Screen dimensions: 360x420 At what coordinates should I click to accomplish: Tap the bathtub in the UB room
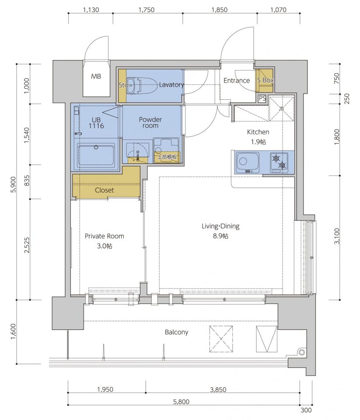(96, 155)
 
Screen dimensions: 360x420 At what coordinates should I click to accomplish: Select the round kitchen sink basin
(243, 161)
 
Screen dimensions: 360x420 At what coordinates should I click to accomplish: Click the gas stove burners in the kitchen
(279, 162)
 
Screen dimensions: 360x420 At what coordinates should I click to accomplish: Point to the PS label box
(262, 98)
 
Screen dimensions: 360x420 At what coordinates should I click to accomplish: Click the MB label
(96, 77)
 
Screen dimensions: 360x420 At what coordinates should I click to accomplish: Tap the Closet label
(104, 190)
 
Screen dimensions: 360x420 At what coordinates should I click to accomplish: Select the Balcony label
(177, 332)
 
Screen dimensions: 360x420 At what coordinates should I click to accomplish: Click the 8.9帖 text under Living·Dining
(221, 236)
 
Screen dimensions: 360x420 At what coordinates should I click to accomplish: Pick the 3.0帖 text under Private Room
(105, 246)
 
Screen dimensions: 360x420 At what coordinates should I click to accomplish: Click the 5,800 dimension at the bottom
(182, 402)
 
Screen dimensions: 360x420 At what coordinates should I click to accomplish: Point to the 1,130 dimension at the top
(91, 10)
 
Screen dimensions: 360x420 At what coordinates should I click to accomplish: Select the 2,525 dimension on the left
(27, 245)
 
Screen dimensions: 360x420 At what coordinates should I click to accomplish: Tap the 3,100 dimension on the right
(337, 236)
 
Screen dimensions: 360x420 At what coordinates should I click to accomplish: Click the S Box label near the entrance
(265, 80)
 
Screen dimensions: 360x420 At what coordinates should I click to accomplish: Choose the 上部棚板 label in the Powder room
(167, 157)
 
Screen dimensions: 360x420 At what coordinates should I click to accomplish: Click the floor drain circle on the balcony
(302, 352)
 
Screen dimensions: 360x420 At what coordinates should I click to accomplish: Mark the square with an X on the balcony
(221, 338)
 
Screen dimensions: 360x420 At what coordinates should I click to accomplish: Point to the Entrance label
(237, 80)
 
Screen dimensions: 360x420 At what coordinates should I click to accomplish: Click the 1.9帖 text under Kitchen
(258, 142)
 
